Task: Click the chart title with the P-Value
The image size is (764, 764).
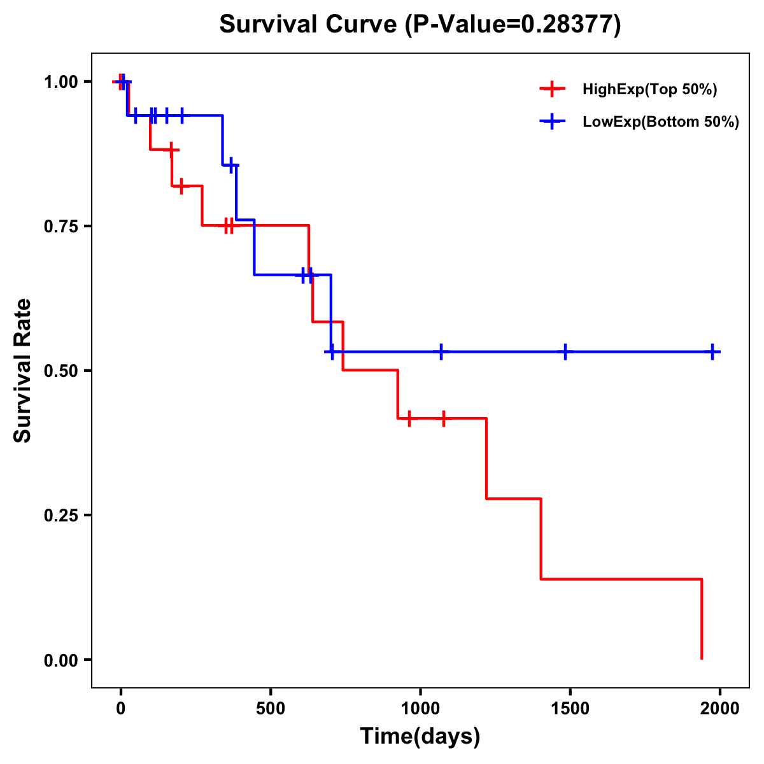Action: click(x=420, y=25)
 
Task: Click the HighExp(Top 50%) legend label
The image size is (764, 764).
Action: click(x=649, y=90)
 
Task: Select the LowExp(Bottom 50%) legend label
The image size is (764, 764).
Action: click(x=661, y=122)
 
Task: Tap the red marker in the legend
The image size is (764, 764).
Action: click(x=552, y=89)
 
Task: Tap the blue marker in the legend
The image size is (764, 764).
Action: click(x=552, y=122)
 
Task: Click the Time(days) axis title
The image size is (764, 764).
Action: click(x=420, y=737)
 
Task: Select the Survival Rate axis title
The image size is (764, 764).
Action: click(x=23, y=371)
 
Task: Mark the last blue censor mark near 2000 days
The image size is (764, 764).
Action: click(x=712, y=351)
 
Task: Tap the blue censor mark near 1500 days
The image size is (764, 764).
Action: click(x=565, y=351)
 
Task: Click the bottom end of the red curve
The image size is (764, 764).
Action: click(x=702, y=658)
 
